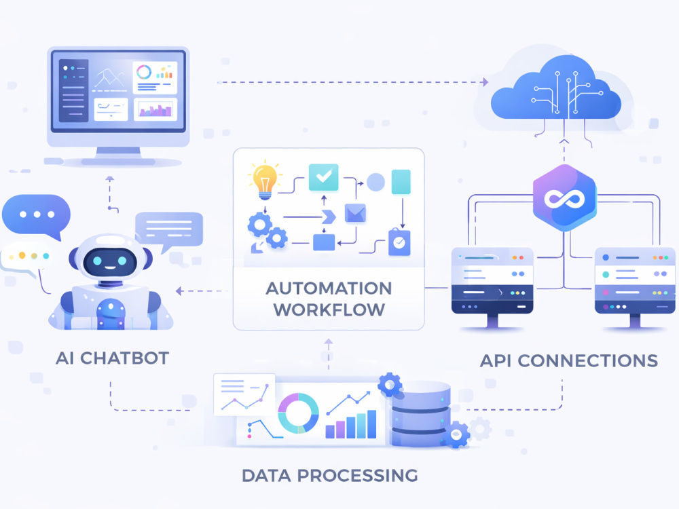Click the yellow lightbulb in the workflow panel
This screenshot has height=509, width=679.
pyautogui.click(x=265, y=182)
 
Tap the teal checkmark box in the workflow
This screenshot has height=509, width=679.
pyautogui.click(x=323, y=177)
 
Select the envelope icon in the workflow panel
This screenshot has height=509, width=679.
pyautogui.click(x=355, y=213)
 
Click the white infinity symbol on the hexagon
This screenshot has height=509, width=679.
pyautogui.click(x=564, y=199)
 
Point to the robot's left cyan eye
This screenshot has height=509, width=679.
pyautogui.click(x=97, y=261)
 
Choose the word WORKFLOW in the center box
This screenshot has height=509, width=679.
pyautogui.click(x=329, y=309)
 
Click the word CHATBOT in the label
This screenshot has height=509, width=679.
pyautogui.click(x=125, y=358)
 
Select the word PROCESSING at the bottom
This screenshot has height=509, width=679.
pyautogui.click(x=357, y=475)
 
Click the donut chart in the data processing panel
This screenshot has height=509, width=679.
pyautogui.click(x=298, y=413)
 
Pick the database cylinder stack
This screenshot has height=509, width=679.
pyautogui.click(x=421, y=413)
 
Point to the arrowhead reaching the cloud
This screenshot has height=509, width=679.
pyautogui.click(x=485, y=82)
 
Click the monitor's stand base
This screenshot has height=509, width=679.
pyautogui.click(x=117, y=162)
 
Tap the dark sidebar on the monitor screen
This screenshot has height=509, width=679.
pyautogui.click(x=73, y=90)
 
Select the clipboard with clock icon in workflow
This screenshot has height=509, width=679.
pyautogui.click(x=399, y=242)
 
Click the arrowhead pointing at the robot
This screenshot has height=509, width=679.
pyautogui.click(x=179, y=291)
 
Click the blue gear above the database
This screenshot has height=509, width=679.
pyautogui.click(x=390, y=384)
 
